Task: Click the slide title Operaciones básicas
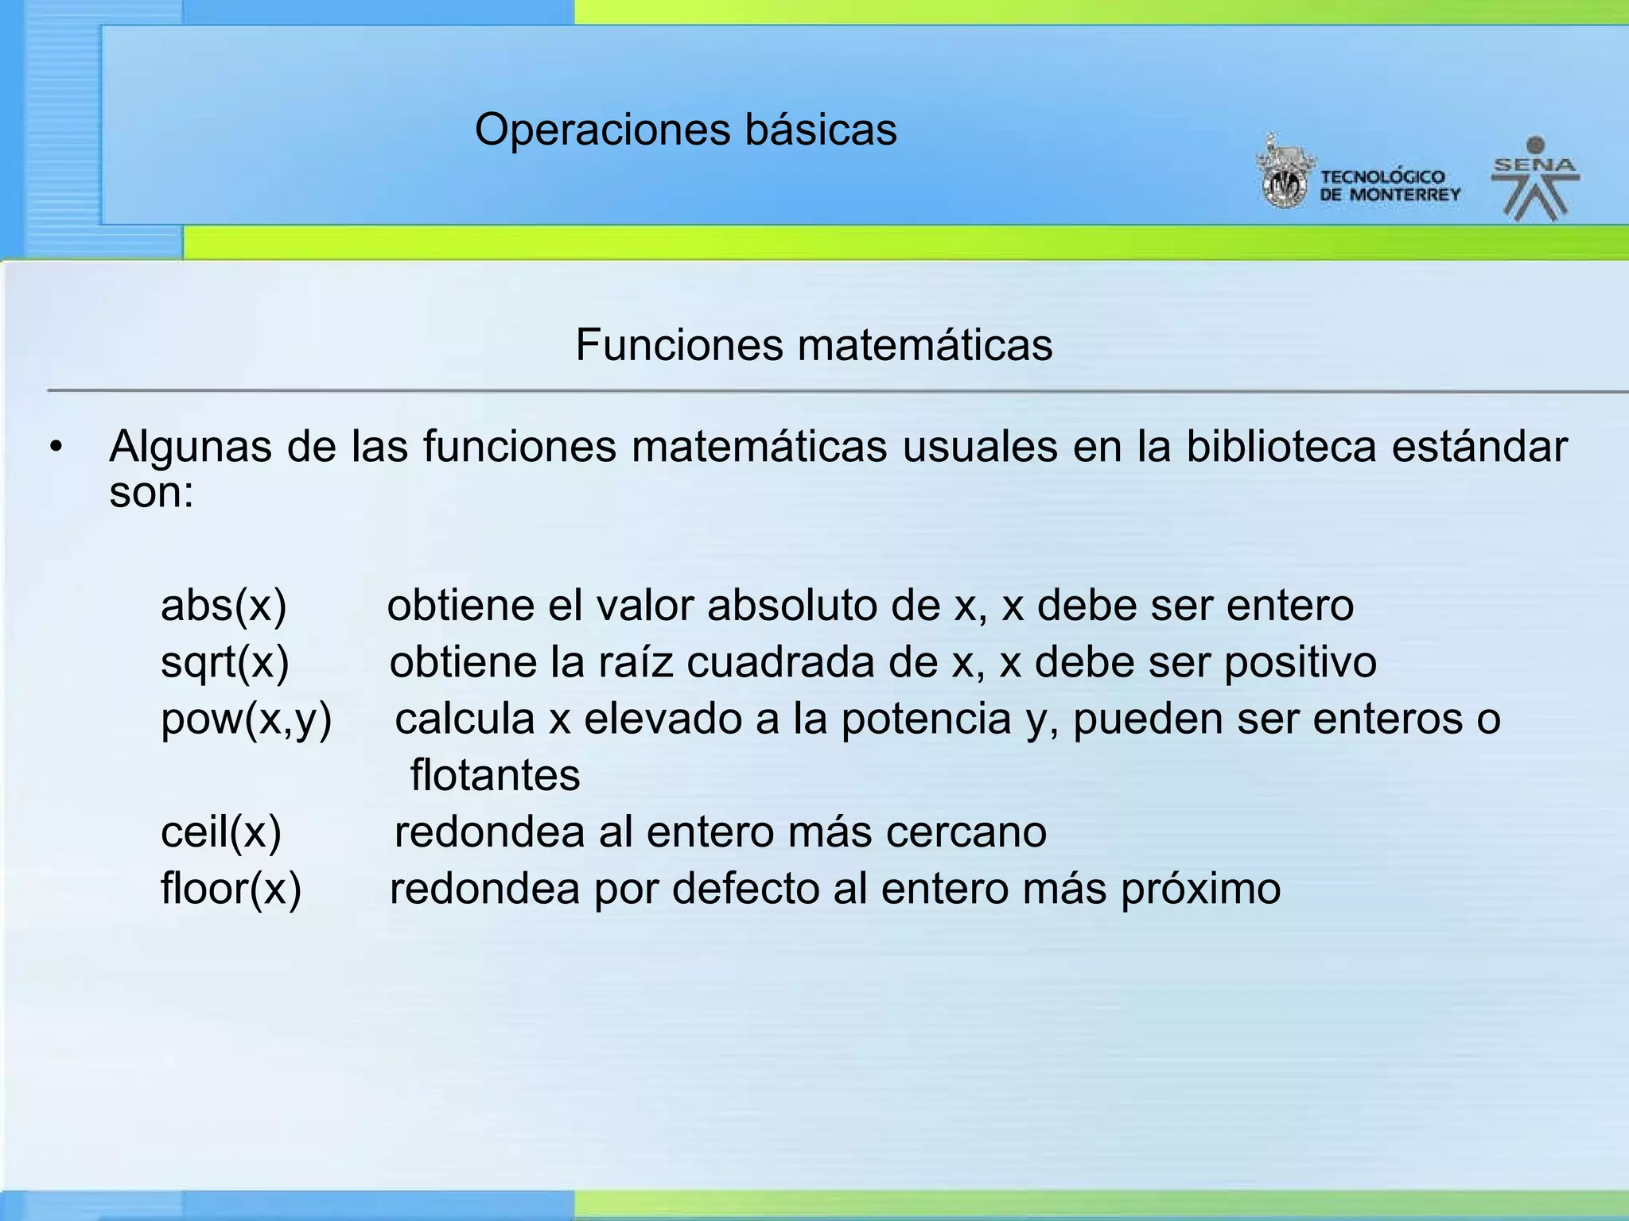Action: [686, 130]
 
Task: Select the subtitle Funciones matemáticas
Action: [814, 345]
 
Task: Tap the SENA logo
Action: [1534, 179]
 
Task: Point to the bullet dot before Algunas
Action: [55, 448]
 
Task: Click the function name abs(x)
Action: [224, 606]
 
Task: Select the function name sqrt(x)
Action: [224, 662]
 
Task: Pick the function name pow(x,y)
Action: [246, 719]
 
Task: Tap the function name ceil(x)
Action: [221, 832]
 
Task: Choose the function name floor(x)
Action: [231, 889]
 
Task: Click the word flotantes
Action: [495, 775]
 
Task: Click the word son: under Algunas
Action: [151, 493]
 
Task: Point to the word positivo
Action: [1300, 663]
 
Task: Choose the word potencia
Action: [926, 719]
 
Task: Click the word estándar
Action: [1479, 447]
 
